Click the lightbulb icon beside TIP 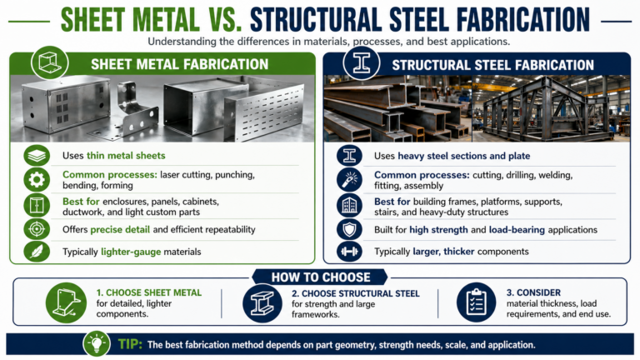(95, 343)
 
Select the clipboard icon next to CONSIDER (476, 303)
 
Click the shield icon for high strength (347, 228)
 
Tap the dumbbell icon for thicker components (347, 251)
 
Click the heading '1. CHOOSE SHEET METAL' (147, 293)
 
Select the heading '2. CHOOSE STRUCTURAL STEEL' (355, 293)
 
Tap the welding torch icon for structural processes (347, 180)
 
